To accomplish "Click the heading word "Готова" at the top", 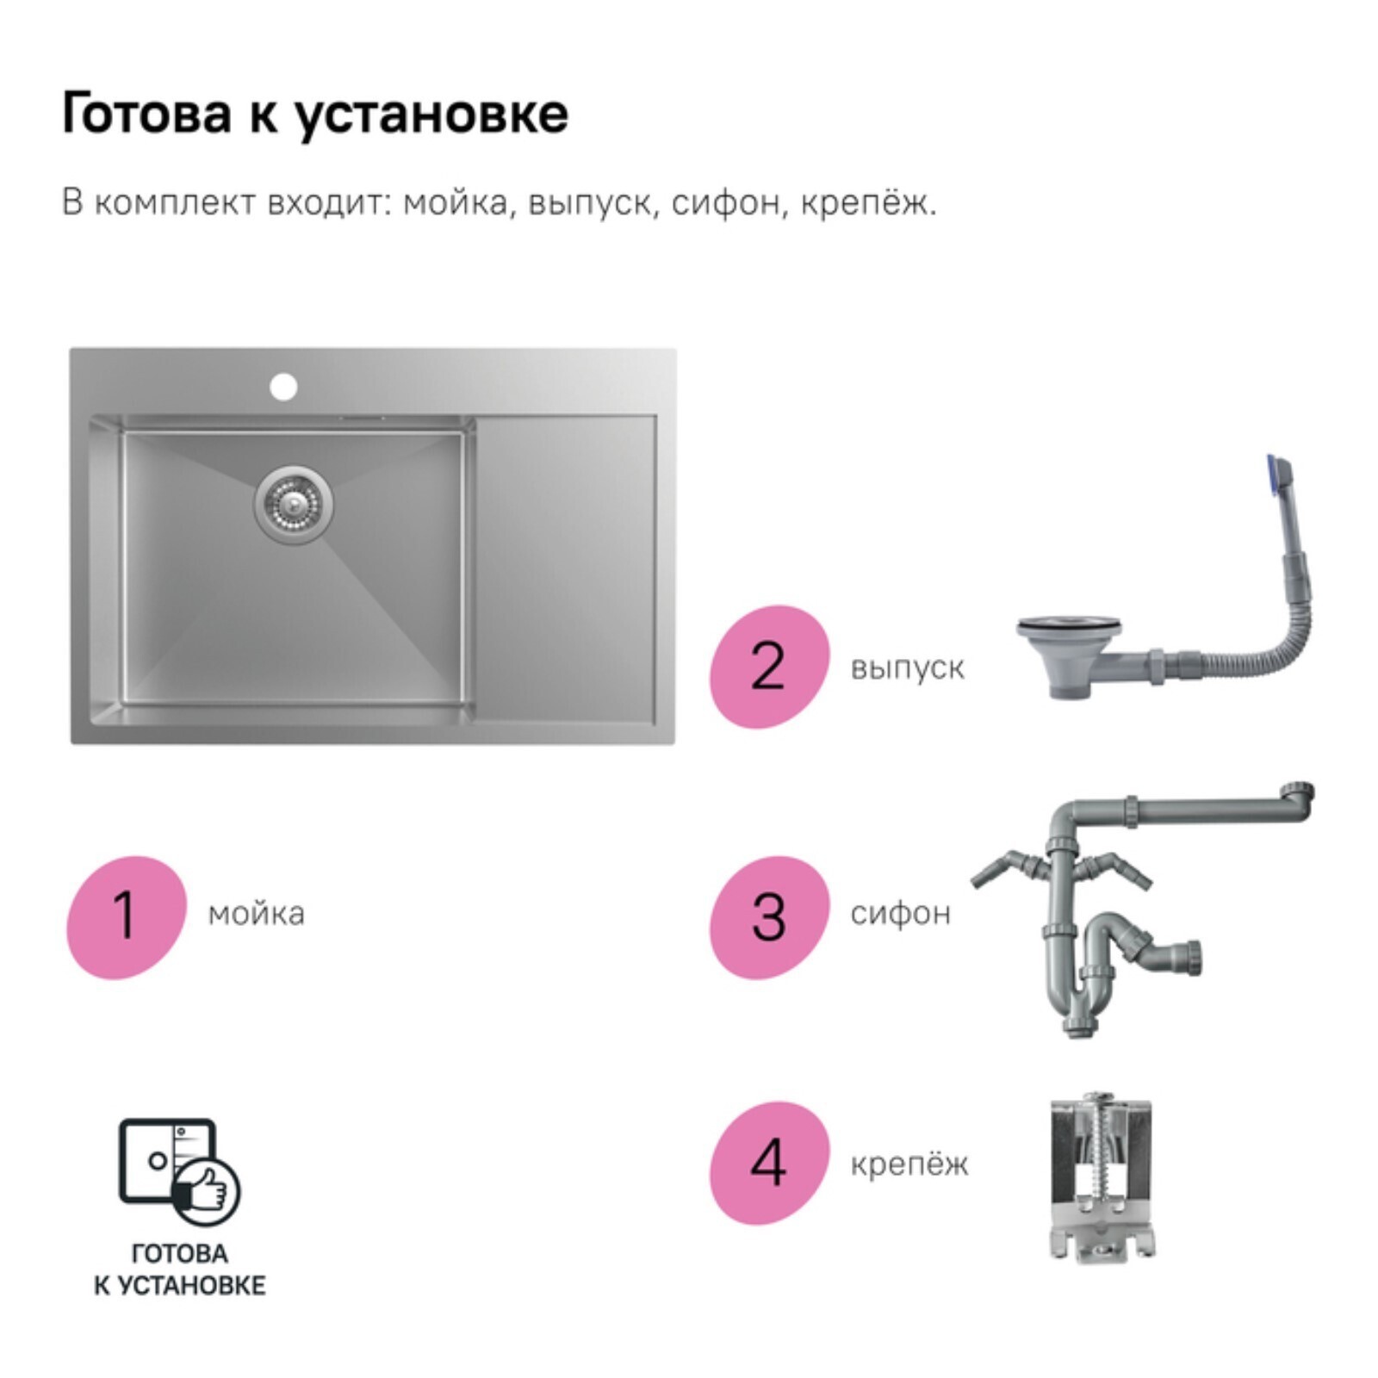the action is [146, 114].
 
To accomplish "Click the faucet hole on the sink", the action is [283, 387].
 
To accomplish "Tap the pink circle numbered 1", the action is [127, 917].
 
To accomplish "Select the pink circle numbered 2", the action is [769, 667].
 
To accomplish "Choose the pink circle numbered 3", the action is [769, 917].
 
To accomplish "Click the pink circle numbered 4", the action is [769, 1163].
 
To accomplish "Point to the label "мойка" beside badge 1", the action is [257, 914].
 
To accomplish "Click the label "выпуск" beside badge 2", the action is [907, 668].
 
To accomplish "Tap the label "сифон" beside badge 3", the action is [900, 914].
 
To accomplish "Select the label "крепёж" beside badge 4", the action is [909, 1164].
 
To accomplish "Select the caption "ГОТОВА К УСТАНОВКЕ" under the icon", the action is [179, 1269].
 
